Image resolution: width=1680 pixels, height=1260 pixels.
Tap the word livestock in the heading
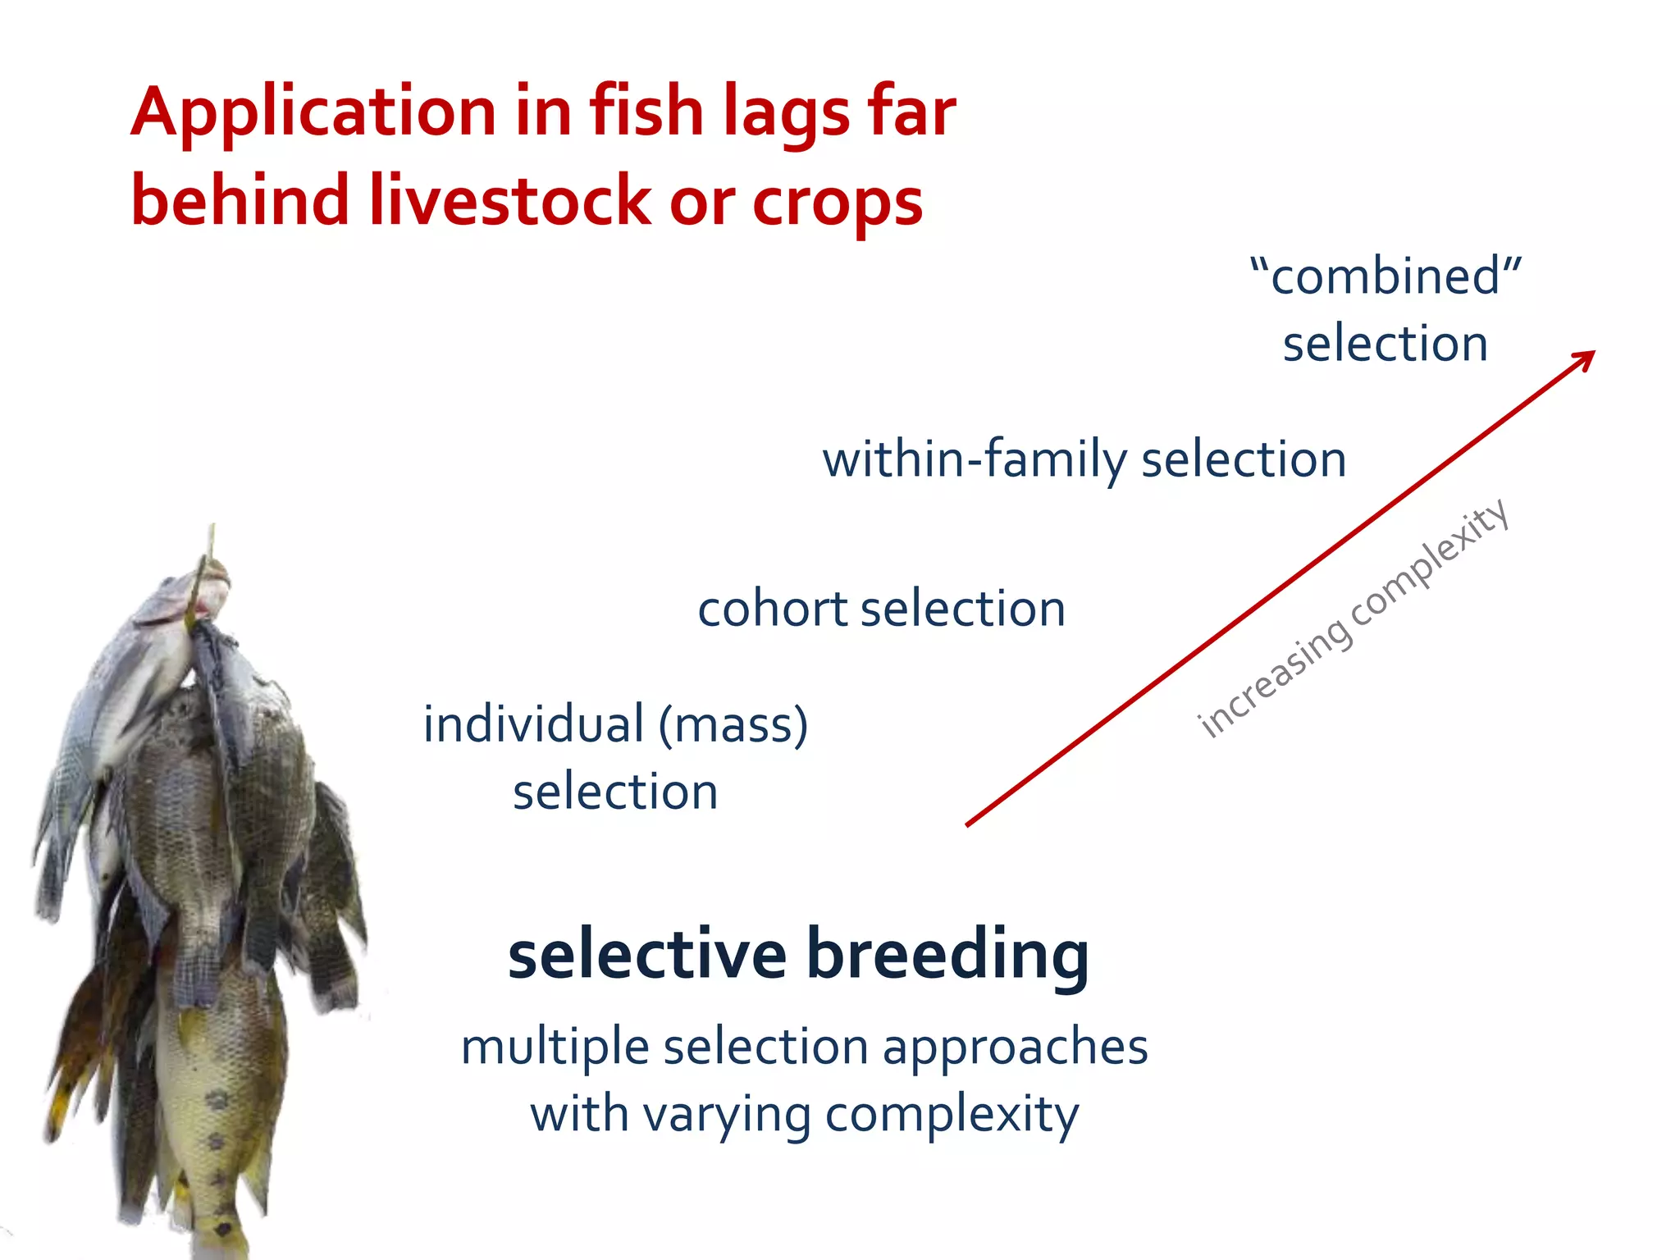point(509,202)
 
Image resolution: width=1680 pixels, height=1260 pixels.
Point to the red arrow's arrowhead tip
point(1592,353)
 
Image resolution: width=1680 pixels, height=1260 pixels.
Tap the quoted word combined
point(1386,276)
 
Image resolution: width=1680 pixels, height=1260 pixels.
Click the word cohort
point(772,609)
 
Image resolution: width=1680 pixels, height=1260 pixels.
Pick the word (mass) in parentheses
point(733,725)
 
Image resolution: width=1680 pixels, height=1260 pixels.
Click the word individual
point(533,725)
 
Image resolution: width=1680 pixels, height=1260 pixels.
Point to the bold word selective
point(647,956)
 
